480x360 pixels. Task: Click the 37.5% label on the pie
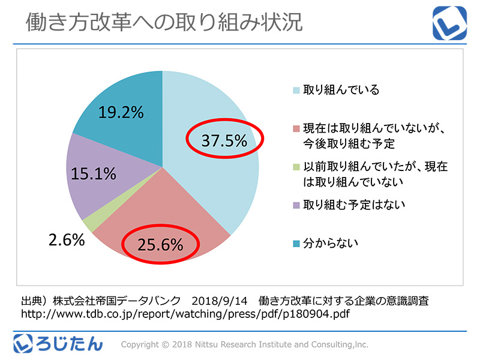coord(224,140)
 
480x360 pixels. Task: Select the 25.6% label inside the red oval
coord(160,244)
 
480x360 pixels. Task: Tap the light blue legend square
coord(296,91)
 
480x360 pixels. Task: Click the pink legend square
coord(296,130)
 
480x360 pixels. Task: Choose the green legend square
coord(296,167)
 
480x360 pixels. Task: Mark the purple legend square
coord(296,205)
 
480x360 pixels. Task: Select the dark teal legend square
coord(296,243)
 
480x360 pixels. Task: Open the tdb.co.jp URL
coord(185,314)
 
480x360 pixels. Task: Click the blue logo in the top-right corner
coord(449,22)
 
